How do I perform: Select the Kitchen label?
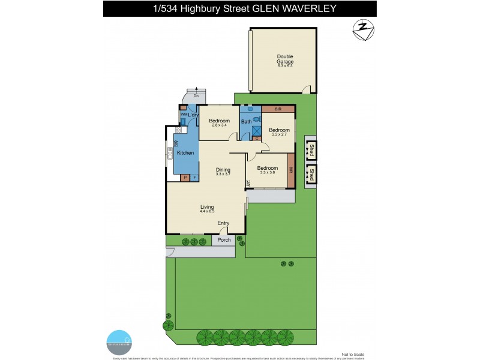pos(185,154)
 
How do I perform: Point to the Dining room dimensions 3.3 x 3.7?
pos(223,174)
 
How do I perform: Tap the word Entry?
pos(223,224)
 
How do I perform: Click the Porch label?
pos(224,240)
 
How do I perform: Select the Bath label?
pos(246,122)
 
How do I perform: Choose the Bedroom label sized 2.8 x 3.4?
pos(219,121)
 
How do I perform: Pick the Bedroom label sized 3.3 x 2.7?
pos(279,130)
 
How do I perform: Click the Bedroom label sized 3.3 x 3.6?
pos(267,168)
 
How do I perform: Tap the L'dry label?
pos(193,115)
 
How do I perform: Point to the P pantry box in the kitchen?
pos(185,178)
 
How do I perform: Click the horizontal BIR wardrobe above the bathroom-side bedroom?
pos(278,109)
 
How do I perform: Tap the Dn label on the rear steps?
pos(196,96)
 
